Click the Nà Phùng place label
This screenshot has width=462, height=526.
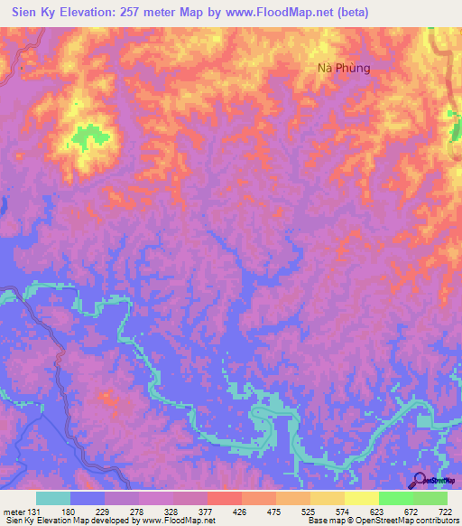(345, 67)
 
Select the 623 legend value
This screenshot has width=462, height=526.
(379, 512)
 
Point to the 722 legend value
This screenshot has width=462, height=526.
(446, 512)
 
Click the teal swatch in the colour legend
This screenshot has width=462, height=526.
(53, 498)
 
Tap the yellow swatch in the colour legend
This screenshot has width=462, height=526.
(361, 498)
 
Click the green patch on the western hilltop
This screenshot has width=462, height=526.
(90, 137)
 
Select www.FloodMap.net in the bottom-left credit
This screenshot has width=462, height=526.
(186, 521)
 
